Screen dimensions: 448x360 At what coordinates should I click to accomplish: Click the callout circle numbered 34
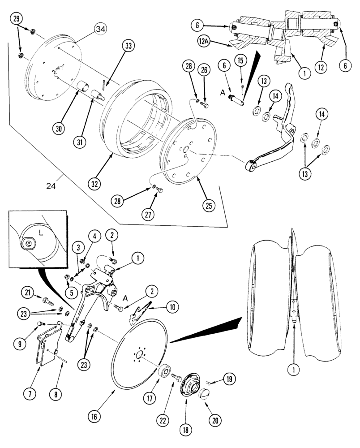coord(101,30)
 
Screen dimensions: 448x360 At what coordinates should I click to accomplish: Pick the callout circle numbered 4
coord(94,235)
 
